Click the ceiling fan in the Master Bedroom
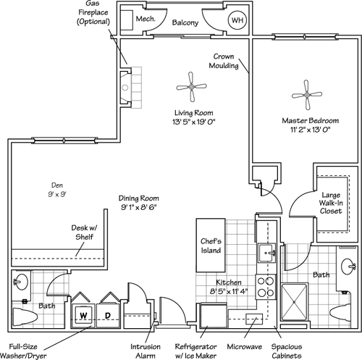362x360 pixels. tap(307, 94)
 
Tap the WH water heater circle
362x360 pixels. tap(237, 21)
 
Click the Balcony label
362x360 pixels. tap(186, 22)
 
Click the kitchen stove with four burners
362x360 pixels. tap(266, 286)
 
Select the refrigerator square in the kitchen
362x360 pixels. tap(213, 317)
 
